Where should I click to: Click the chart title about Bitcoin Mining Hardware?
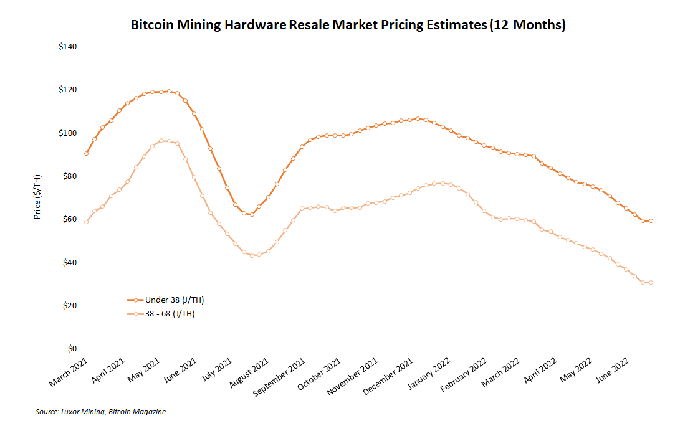(348, 26)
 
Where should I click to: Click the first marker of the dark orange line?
(86, 153)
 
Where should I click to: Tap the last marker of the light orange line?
(651, 283)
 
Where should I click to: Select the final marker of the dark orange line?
(651, 221)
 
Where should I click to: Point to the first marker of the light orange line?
(86, 222)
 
